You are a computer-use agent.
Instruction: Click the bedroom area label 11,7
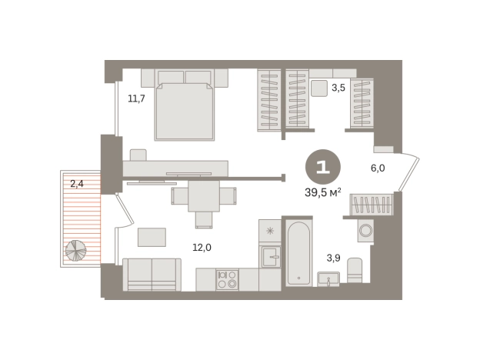click(136, 98)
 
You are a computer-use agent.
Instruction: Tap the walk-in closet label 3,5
click(338, 88)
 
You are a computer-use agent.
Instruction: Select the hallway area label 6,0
click(378, 168)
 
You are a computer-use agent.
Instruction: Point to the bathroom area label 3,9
click(333, 258)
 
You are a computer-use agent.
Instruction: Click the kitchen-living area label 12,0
click(202, 247)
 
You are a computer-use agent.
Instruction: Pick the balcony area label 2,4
click(77, 184)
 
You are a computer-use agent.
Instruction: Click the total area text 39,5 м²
click(323, 192)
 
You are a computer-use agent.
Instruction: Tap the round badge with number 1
click(323, 167)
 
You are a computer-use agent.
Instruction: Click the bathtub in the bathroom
click(298, 254)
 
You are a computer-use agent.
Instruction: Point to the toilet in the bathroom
click(355, 270)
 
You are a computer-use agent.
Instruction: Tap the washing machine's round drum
click(366, 230)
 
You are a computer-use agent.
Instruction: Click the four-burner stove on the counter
click(227, 279)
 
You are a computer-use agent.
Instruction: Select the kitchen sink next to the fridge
click(270, 257)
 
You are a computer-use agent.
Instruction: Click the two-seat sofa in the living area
click(152, 275)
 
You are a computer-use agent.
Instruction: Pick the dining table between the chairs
click(204, 196)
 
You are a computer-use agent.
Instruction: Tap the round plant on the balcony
click(75, 251)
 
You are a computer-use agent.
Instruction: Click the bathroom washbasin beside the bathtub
click(328, 279)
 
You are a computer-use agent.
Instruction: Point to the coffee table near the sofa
click(152, 237)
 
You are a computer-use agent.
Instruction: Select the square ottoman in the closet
click(319, 88)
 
